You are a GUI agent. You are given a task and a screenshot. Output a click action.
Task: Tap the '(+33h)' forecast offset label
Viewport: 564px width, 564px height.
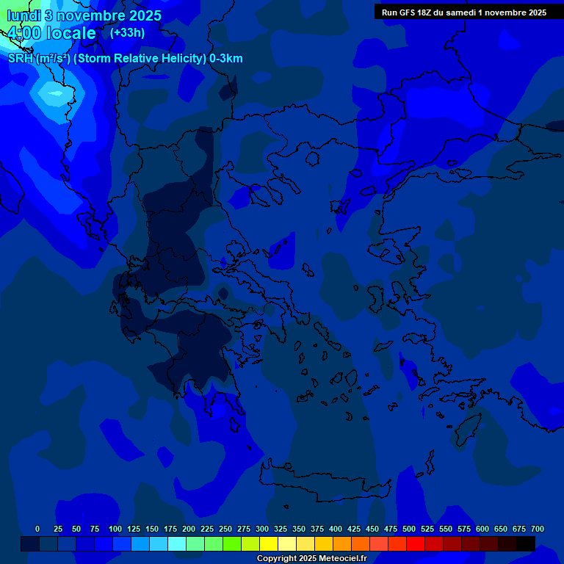(127, 32)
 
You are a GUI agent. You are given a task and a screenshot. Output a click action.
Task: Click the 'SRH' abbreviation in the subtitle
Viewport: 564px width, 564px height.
(21, 59)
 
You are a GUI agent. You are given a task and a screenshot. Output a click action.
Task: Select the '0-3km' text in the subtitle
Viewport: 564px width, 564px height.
(226, 59)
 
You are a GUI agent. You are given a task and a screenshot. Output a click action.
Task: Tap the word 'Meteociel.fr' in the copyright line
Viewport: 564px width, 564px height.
(338, 559)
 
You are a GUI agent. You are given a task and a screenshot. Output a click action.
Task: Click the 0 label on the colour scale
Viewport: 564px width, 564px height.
(37, 529)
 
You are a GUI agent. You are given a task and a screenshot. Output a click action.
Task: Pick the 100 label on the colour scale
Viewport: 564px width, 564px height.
(115, 529)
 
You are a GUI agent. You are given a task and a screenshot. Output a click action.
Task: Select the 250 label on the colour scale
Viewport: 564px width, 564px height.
(225, 529)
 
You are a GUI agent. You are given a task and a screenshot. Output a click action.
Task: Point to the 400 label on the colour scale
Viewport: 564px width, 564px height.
(336, 529)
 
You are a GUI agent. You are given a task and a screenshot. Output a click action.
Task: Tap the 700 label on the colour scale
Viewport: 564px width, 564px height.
(538, 529)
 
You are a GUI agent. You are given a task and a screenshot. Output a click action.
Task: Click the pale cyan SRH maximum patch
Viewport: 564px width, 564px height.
(52, 93)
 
